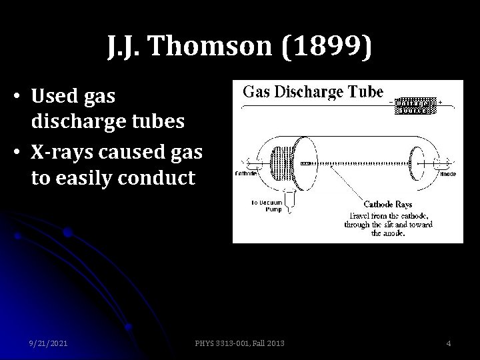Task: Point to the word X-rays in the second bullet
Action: pos(61,151)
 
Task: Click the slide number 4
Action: pos(449,343)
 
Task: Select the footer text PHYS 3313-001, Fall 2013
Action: pos(241,343)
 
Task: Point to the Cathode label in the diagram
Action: pos(246,174)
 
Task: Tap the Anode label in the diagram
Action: pos(448,173)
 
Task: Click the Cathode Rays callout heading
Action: pos(388,204)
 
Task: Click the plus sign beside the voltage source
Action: pos(440,102)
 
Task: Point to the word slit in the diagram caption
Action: pos(391,225)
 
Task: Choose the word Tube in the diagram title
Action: pos(367,91)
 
